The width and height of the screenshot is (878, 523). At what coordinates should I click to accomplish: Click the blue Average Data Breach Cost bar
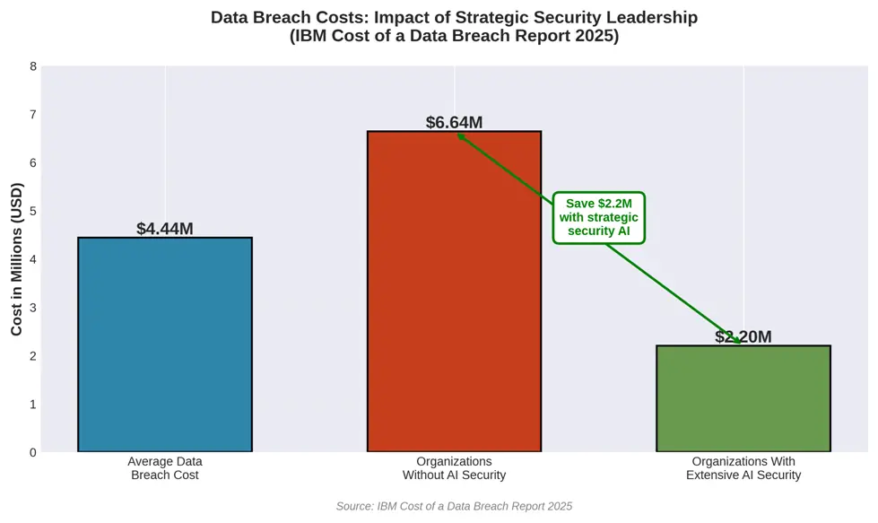[165, 344]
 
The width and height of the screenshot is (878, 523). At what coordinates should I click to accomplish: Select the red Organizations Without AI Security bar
[454, 292]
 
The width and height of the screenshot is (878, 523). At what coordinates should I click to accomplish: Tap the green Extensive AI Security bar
[743, 398]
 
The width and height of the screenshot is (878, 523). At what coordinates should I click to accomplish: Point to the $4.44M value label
[165, 229]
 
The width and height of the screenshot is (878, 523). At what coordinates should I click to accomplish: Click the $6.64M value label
[454, 122]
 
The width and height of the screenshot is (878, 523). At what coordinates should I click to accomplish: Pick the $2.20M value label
[743, 336]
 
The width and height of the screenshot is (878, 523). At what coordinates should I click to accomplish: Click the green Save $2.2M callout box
[598, 217]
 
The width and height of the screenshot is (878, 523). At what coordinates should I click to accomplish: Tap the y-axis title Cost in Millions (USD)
[17, 259]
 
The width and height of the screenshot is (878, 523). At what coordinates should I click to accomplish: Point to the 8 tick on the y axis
[33, 66]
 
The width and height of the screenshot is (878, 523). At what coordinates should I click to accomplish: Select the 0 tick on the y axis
[33, 452]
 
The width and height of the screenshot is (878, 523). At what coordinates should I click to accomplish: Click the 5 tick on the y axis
[33, 212]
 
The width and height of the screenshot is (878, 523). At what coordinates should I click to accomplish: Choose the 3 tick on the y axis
[33, 308]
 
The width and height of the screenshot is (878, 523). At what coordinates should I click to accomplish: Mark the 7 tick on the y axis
[33, 115]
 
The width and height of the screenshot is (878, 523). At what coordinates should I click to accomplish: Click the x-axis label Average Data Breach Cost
[165, 468]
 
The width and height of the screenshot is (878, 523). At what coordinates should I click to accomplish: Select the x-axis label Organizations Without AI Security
[454, 468]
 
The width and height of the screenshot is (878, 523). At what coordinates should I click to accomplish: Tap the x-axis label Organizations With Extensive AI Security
[743, 468]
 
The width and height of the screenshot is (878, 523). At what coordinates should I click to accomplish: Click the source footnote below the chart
[454, 507]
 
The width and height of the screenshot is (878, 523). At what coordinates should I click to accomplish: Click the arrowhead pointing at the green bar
[736, 341]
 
